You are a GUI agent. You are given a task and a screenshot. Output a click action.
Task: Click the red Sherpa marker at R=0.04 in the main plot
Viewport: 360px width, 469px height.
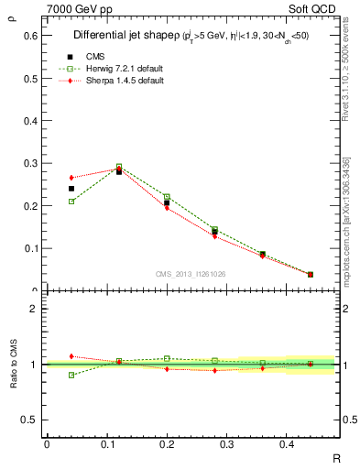[71, 178]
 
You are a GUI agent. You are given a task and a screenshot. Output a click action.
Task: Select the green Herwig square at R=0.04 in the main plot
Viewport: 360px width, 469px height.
[71, 202]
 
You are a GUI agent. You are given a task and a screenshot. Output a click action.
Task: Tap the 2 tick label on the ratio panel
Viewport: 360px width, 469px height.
[33, 309]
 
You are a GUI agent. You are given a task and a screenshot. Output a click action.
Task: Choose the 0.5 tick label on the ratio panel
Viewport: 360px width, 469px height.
[30, 420]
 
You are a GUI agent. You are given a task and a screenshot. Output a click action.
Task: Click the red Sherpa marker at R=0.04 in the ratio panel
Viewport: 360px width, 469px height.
[71, 356]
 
